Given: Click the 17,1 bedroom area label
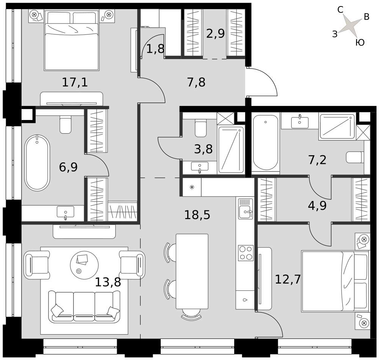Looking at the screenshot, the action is [x=75, y=82].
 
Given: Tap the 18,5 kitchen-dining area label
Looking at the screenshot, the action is [x=197, y=215].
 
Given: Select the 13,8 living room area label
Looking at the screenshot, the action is [x=108, y=282].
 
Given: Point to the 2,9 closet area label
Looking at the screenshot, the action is [x=215, y=33].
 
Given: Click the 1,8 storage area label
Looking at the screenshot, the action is [x=155, y=49].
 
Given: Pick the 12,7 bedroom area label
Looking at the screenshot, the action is [x=288, y=279].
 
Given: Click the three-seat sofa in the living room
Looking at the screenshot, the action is [x=84, y=306].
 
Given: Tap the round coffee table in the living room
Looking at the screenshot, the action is [x=84, y=265].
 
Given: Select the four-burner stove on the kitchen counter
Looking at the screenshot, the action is [x=246, y=253].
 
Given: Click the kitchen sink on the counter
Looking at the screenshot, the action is [x=246, y=209].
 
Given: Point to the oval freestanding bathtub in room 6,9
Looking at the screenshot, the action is [x=37, y=163].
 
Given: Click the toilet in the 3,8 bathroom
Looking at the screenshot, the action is [x=200, y=128].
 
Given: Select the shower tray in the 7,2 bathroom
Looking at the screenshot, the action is [x=337, y=127].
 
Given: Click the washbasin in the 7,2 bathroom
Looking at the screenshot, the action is [x=300, y=122].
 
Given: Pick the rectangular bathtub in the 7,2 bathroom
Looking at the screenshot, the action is [x=266, y=142].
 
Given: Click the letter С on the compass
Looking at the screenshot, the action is [x=340, y=10].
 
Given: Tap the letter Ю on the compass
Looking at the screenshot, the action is [x=360, y=42].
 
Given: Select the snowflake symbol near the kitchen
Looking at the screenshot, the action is [x=192, y=187].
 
